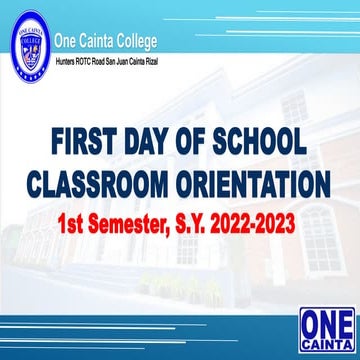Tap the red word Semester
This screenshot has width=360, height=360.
137,221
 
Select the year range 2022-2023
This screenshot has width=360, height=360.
259,221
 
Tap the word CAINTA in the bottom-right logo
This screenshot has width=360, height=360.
324,341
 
